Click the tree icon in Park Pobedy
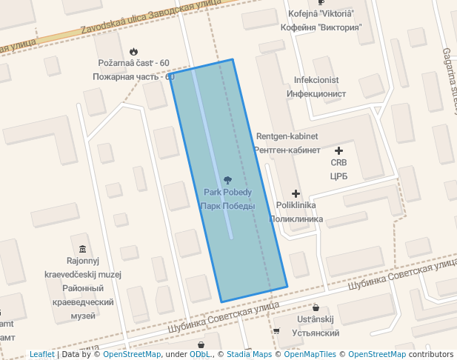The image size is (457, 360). (227, 179)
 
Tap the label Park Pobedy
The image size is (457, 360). (227, 193)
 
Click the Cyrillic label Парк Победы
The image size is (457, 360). (227, 206)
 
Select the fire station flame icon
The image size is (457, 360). (133, 51)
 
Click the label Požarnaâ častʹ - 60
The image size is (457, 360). (133, 64)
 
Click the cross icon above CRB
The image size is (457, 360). (338, 150)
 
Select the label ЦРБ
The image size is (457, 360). (338, 176)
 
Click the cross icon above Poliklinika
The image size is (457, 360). (296, 193)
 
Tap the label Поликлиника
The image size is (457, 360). (296, 219)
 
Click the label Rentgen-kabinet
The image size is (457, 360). (287, 136)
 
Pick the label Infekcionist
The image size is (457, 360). (316, 80)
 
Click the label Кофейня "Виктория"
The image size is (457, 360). (321, 27)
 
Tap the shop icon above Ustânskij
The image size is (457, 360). (316, 307)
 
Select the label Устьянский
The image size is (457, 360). (316, 333)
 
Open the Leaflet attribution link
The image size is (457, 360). (42, 354)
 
